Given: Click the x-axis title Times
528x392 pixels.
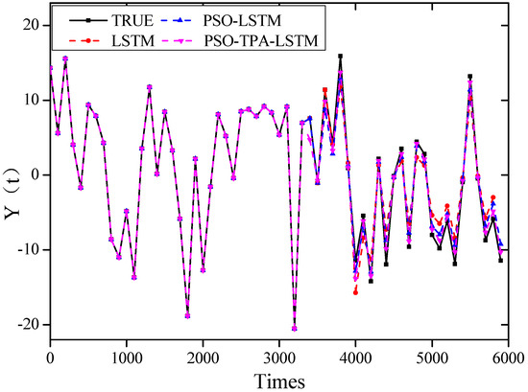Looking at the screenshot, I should [279, 380].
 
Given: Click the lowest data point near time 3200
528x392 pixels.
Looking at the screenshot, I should [294, 328].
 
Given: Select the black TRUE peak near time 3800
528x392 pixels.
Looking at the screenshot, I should [340, 57].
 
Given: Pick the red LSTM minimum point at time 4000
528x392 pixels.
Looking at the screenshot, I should [355, 291].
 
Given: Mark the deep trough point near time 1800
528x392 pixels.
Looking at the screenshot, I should [187, 315].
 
